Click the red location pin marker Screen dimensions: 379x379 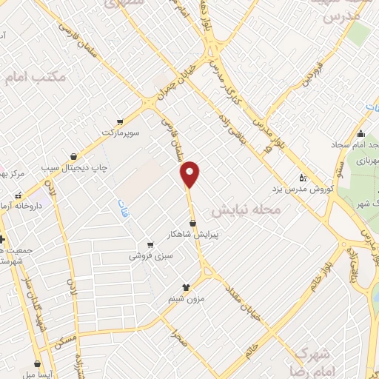tap(190, 173)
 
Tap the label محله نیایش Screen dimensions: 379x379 tap(247, 209)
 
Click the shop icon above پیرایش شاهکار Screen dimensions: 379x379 tap(192, 223)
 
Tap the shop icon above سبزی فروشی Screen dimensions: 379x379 tap(150, 244)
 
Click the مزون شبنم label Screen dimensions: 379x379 tap(186, 298)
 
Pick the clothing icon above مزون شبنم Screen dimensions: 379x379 tap(186, 287)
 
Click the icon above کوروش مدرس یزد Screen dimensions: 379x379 tap(302, 178)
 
